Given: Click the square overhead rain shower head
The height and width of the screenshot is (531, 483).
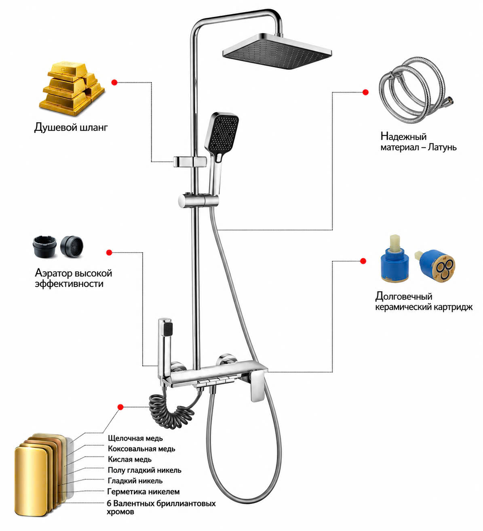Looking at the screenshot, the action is click(x=277, y=51).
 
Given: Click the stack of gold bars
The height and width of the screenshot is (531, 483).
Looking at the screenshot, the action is click(x=72, y=89).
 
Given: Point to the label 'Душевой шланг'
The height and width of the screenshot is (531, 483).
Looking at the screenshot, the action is click(x=71, y=128).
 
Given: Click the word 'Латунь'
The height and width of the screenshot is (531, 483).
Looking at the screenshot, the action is click(x=442, y=147).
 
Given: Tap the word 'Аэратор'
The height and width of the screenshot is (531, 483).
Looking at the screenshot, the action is click(x=53, y=273).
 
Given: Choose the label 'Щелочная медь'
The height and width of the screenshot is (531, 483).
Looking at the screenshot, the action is click(x=135, y=438).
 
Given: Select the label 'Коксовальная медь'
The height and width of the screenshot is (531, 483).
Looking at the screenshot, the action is click(x=141, y=449).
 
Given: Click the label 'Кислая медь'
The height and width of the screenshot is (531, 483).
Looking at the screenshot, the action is click(x=129, y=459).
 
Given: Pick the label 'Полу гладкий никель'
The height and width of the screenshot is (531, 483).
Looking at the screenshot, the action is click(x=144, y=470).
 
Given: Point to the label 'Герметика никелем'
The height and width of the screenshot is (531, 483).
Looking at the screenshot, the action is click(x=143, y=491).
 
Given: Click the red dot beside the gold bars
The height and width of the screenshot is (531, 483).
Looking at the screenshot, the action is click(x=114, y=82).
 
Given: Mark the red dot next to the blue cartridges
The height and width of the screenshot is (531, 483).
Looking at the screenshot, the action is click(x=363, y=261).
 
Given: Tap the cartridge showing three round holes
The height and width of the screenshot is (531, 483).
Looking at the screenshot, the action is click(x=435, y=266).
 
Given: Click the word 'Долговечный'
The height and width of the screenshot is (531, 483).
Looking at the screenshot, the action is click(x=403, y=296).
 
